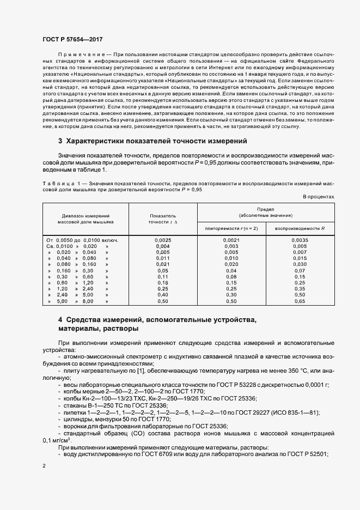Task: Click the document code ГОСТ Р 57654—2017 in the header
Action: tap(72, 39)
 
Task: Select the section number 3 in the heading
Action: tap(60, 141)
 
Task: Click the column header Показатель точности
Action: tap(162, 219)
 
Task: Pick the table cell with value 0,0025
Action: tap(162, 240)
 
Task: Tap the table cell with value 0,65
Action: tap(299, 301)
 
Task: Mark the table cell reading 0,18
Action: tap(162, 283)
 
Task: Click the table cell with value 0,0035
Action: tap(299, 240)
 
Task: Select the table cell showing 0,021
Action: tap(162, 264)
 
